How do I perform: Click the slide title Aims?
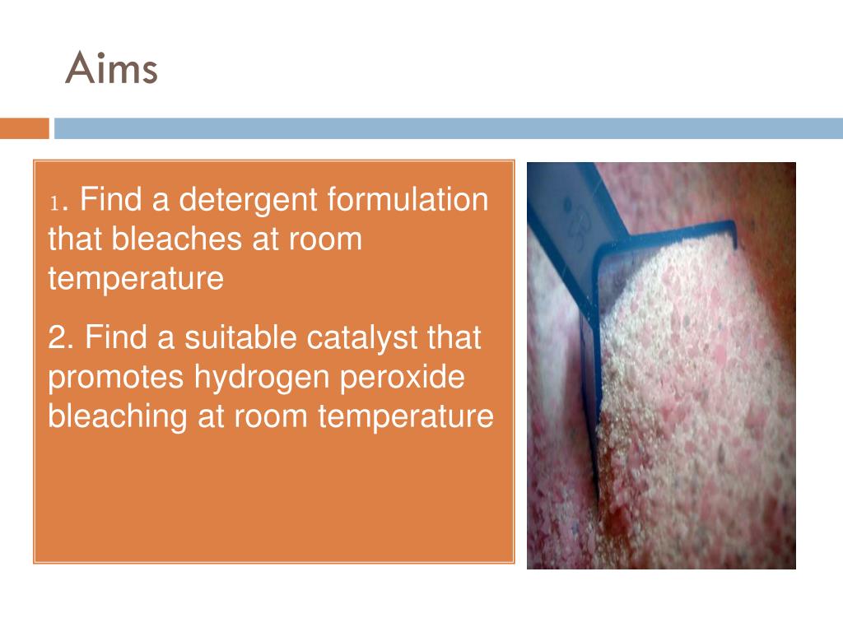tap(111, 68)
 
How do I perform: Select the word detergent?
tap(249, 200)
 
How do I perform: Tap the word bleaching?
tap(118, 417)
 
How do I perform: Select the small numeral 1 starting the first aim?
tap(54, 202)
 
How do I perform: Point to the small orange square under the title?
tap(24, 128)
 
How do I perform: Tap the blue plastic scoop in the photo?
tap(576, 247)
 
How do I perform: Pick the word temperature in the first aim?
tap(136, 279)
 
